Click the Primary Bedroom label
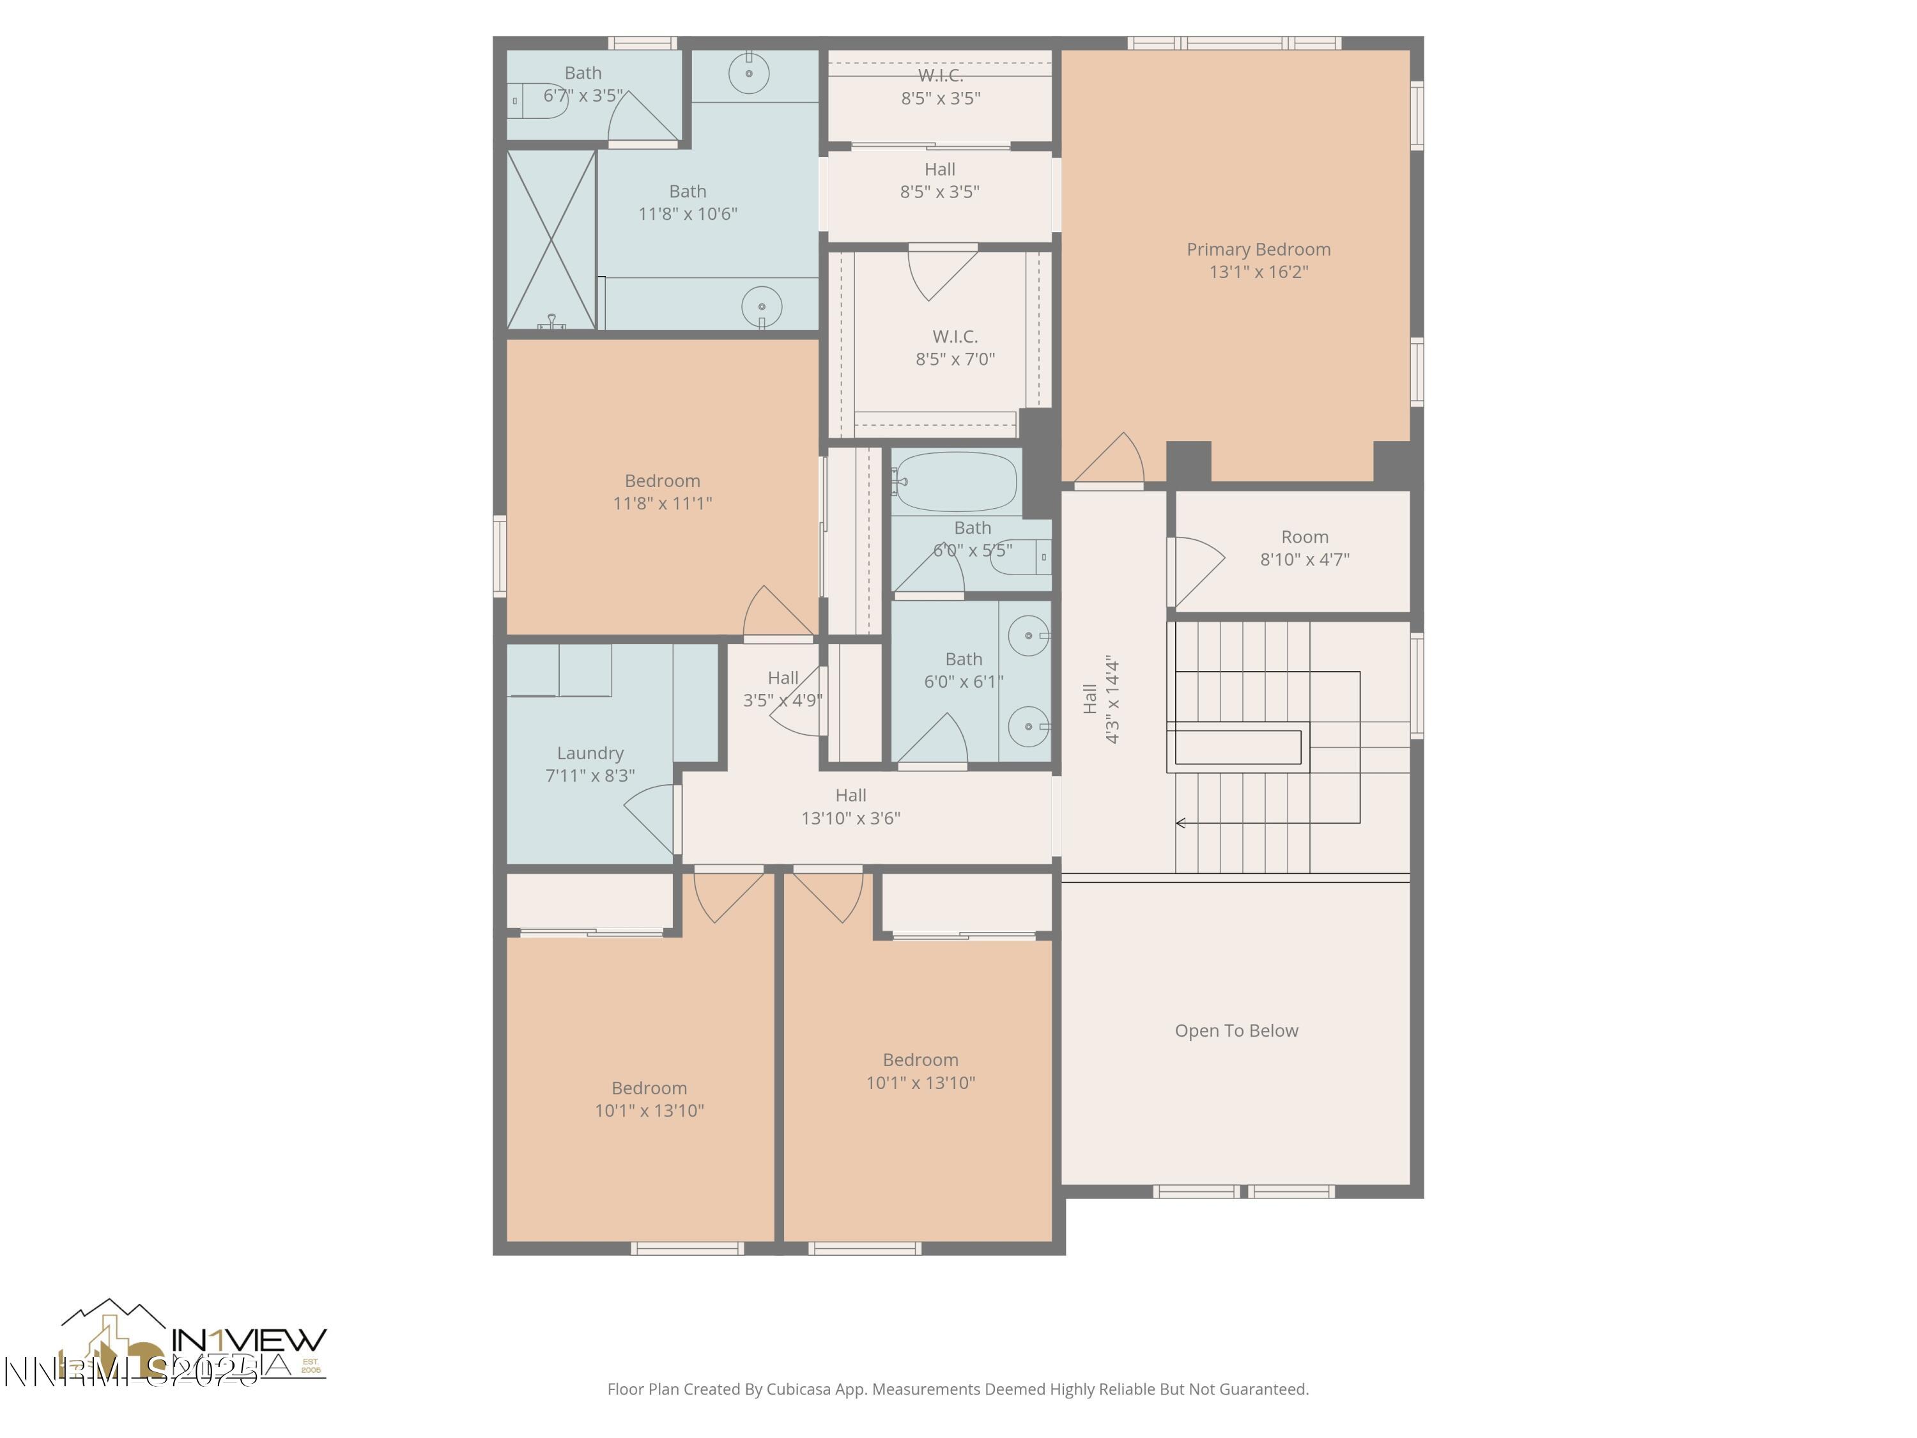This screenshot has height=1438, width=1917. [x=1258, y=250]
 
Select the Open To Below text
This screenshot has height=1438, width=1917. [x=1236, y=1031]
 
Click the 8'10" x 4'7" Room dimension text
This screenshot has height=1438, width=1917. [x=1304, y=560]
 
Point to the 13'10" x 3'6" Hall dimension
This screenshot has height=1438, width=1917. [x=850, y=818]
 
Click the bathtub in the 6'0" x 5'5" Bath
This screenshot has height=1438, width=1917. [x=956, y=482]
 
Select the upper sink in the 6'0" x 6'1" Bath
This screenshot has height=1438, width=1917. [x=1029, y=636]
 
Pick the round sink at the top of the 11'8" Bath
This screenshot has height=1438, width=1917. [x=749, y=73]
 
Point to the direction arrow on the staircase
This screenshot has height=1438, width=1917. [x=1180, y=823]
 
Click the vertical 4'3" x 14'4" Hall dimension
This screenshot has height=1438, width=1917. [x=1112, y=699]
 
